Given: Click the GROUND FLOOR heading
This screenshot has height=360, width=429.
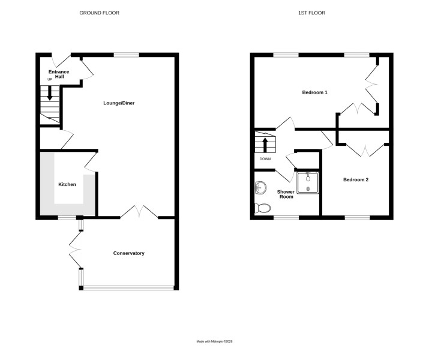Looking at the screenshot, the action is click(x=100, y=13).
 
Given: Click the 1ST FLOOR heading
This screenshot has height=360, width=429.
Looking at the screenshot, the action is click(x=311, y=13).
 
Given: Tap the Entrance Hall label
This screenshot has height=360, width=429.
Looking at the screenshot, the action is click(x=59, y=74).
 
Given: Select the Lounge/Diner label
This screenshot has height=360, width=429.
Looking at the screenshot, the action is click(x=119, y=103).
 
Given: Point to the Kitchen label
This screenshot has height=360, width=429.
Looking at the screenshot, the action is click(x=67, y=184).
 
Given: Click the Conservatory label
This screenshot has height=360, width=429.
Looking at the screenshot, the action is click(x=129, y=253).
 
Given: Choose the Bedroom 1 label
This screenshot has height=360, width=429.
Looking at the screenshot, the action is click(x=314, y=92).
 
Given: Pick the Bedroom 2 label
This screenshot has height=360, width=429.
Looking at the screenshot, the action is click(x=356, y=180).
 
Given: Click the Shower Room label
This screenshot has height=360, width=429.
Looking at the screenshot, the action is click(x=286, y=194).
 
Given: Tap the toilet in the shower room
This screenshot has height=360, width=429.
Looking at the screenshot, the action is click(x=263, y=208).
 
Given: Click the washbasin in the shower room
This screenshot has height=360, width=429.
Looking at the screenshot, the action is click(x=261, y=188).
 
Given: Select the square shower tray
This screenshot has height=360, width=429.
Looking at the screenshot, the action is click(x=308, y=183).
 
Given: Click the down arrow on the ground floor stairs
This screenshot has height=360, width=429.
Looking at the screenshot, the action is click(x=50, y=93).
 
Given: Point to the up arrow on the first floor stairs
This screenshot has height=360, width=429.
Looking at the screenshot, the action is click(x=265, y=145).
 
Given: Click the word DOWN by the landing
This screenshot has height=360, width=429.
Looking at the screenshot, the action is click(x=265, y=159).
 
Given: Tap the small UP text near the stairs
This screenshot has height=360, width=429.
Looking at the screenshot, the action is click(x=50, y=79).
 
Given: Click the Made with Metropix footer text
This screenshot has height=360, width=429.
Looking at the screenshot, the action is click(x=215, y=341).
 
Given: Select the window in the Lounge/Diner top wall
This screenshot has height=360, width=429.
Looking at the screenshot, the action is click(x=127, y=55).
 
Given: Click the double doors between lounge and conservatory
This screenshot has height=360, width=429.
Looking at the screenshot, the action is click(x=139, y=211).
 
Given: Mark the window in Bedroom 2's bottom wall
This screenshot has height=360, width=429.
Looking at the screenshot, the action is click(x=358, y=218).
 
